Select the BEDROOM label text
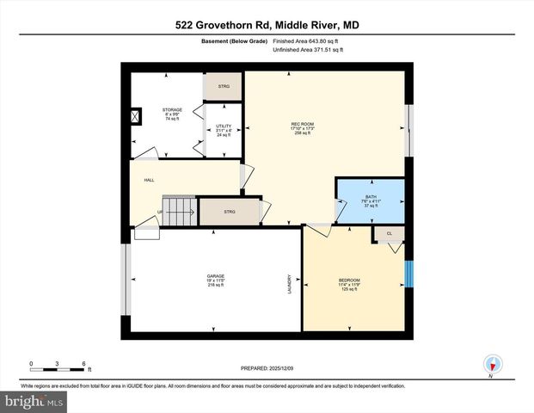point(349,280)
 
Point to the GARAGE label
point(215,276)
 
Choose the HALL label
point(149,180)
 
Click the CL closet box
point(389,233)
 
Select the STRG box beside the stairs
point(229,212)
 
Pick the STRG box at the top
point(223,86)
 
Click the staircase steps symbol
point(181,209)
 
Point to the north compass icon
point(492,364)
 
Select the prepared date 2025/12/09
point(266,368)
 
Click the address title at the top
point(267,24)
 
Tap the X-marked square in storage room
point(134,117)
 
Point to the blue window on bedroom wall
point(409,274)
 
